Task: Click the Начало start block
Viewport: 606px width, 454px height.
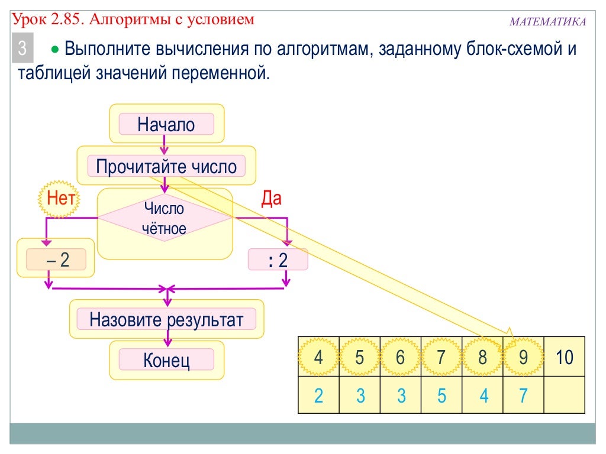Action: [166, 125]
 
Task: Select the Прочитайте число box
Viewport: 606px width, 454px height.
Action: [166, 166]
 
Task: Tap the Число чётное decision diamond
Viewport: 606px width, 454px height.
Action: [165, 218]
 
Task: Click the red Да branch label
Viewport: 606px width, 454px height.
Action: [271, 199]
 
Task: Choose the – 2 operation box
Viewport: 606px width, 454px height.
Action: [57, 260]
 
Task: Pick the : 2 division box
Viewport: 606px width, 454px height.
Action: [278, 260]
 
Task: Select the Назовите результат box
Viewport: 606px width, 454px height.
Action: [166, 320]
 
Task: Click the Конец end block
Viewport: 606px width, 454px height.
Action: [166, 359]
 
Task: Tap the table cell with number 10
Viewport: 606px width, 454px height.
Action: [565, 357]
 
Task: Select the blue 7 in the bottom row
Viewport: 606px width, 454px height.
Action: [523, 395]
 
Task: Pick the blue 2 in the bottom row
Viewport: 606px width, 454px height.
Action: [318, 395]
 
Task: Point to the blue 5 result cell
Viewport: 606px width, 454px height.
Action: [441, 395]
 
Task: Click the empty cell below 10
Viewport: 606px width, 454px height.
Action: [565, 395]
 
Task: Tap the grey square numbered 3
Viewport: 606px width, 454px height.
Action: [22, 49]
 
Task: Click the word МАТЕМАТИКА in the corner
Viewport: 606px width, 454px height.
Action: [547, 22]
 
